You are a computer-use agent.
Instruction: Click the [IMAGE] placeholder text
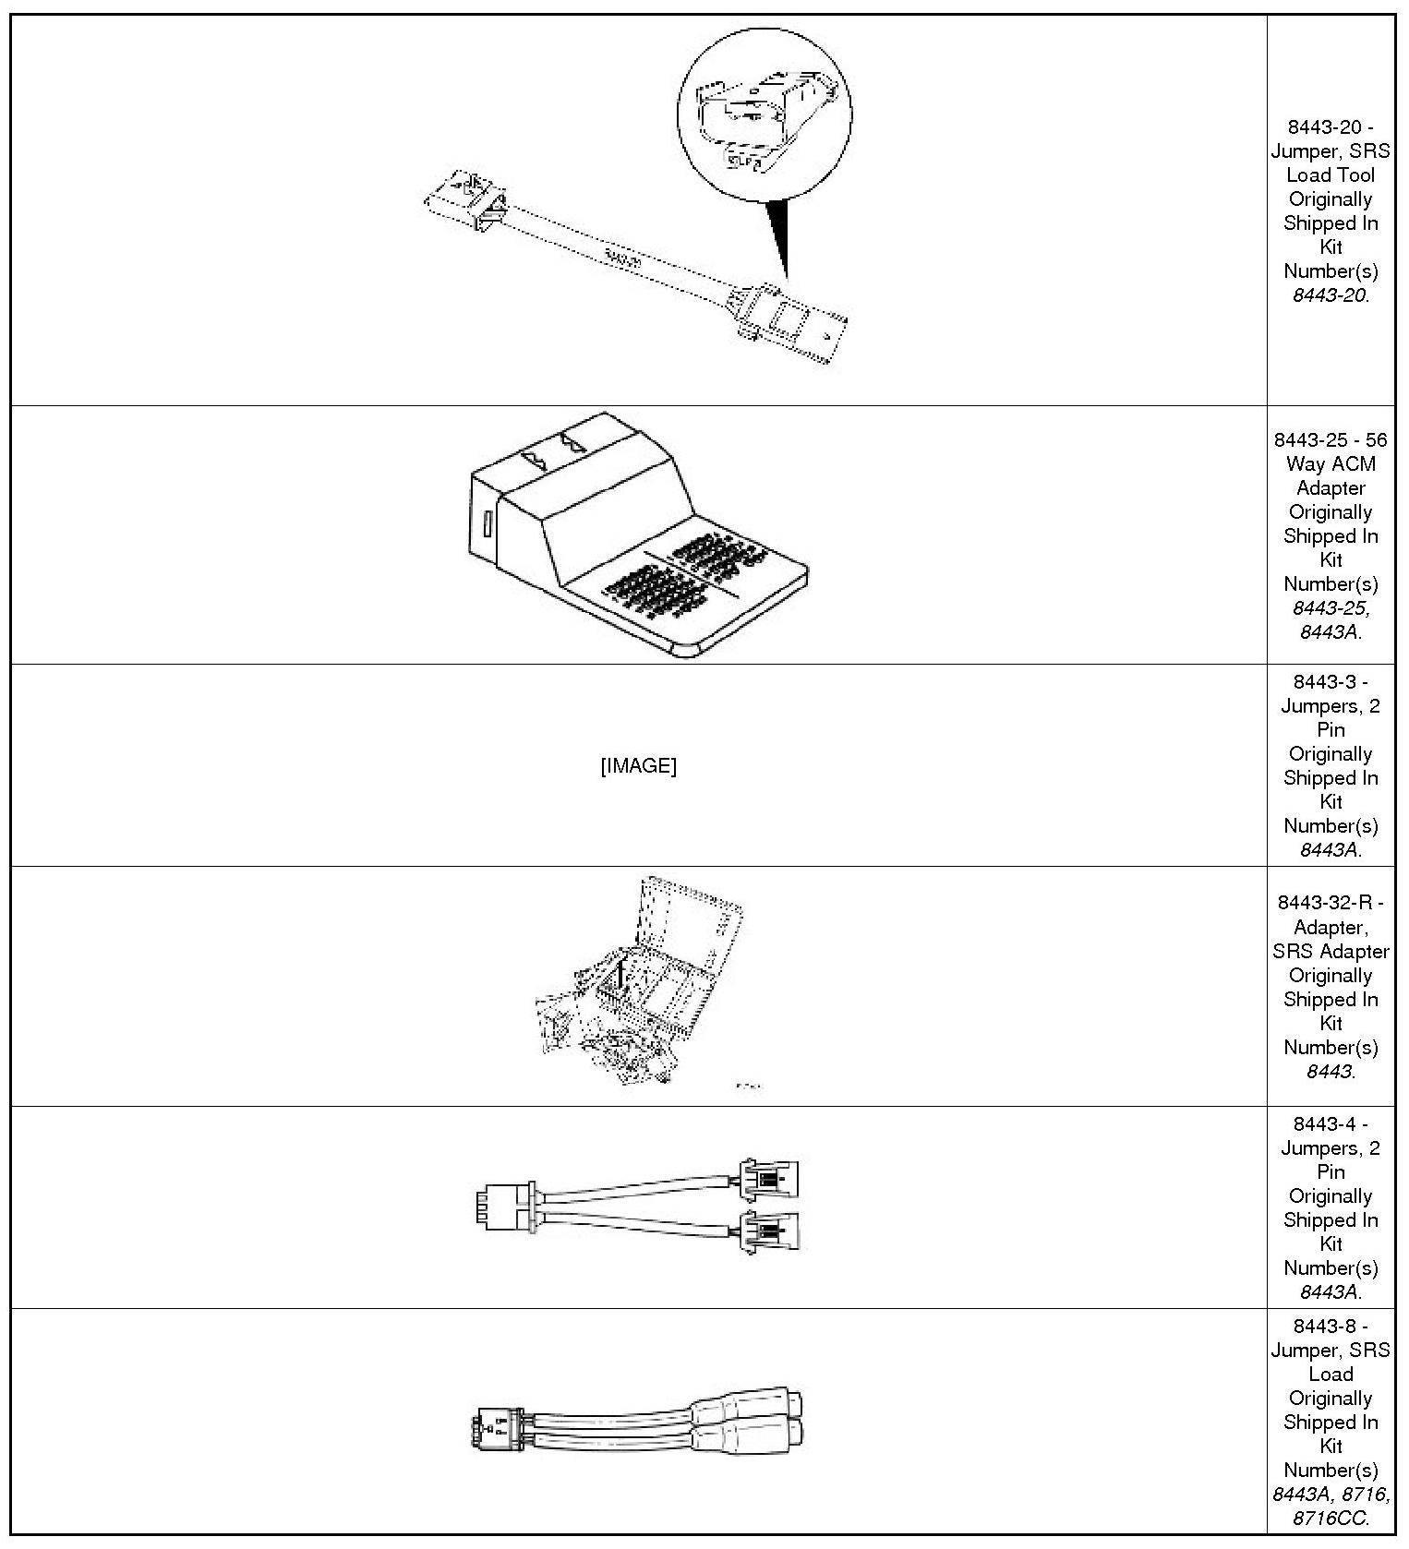point(638,766)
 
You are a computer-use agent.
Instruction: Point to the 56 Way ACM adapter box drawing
point(637,535)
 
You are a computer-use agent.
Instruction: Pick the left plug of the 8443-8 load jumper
point(497,1432)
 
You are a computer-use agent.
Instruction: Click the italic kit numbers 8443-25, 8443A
point(1331,620)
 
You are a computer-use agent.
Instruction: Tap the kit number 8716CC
point(1331,1519)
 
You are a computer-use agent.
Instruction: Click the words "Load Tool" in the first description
point(1331,175)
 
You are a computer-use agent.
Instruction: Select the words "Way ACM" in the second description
point(1331,464)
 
